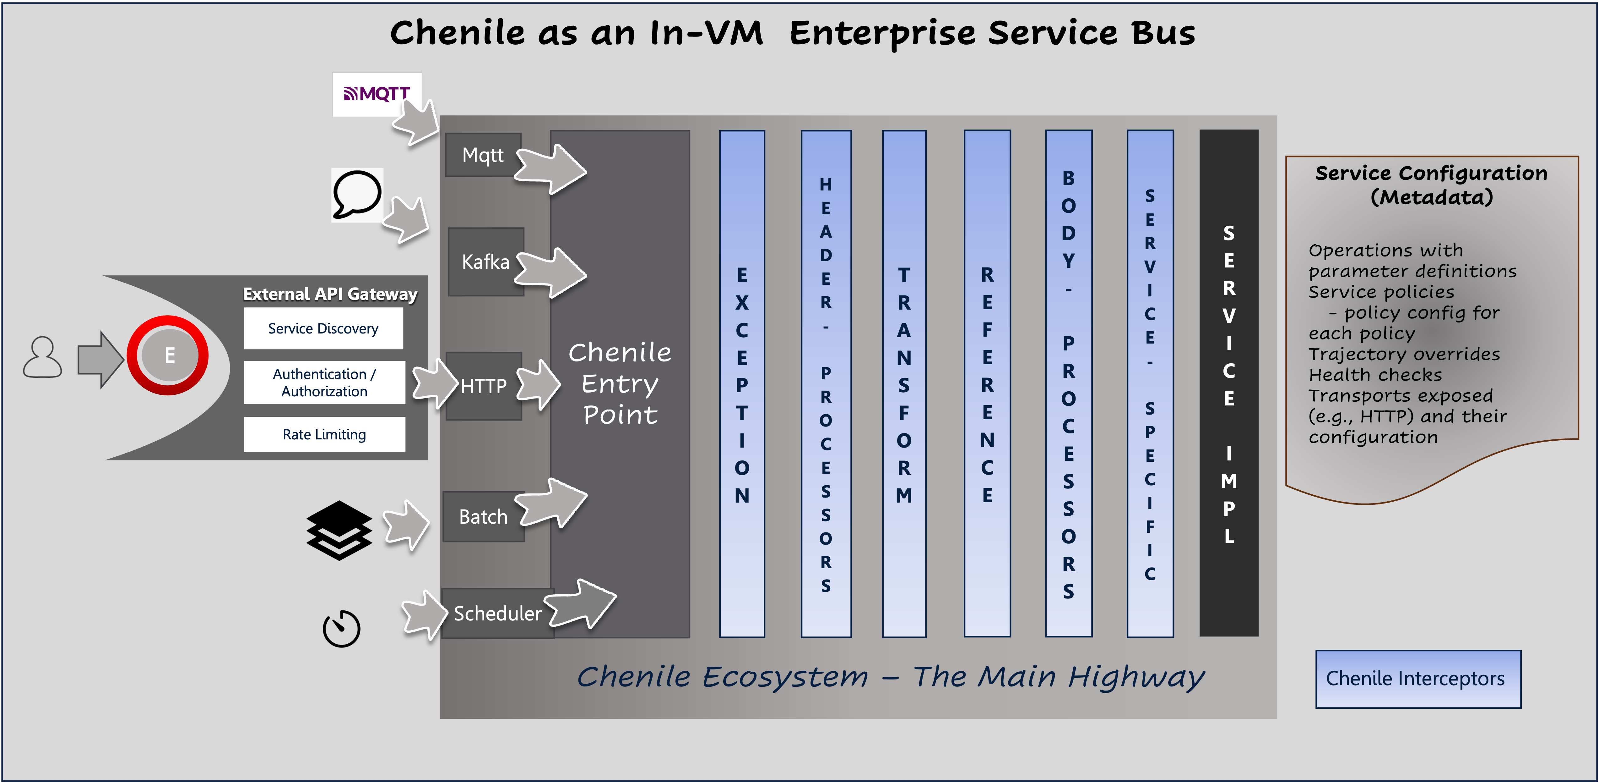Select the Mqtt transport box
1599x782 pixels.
click(x=483, y=155)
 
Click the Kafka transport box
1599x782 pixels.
click(x=485, y=262)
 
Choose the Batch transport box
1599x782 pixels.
click(x=483, y=516)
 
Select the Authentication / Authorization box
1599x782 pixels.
click(x=324, y=382)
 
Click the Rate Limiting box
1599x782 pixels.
click(x=324, y=434)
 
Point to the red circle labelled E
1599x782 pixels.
click(x=168, y=355)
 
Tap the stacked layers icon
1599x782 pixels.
click(x=339, y=530)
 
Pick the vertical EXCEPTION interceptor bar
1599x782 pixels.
click(x=742, y=383)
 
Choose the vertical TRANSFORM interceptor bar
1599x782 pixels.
click(x=904, y=383)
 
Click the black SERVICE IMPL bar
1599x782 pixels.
click(x=1228, y=383)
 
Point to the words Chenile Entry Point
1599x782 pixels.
click(x=620, y=383)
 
